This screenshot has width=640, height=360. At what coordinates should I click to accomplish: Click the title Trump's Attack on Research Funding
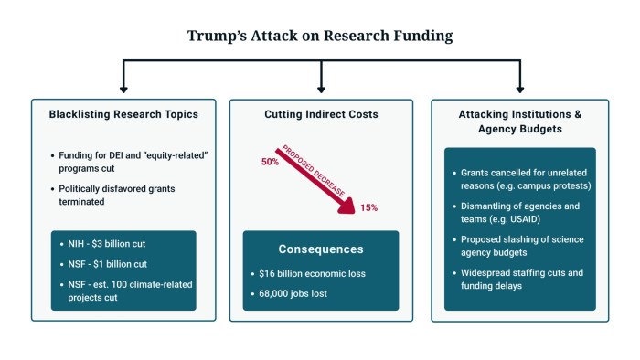[320, 37]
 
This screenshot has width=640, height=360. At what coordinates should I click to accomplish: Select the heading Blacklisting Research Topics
[123, 115]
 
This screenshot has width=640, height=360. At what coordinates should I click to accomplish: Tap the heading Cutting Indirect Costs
[320, 115]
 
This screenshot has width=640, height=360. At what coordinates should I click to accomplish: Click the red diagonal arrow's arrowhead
[348, 209]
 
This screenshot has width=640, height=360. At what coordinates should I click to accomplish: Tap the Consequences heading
[319, 249]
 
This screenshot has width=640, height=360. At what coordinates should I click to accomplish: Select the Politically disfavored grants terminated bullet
[123, 195]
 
